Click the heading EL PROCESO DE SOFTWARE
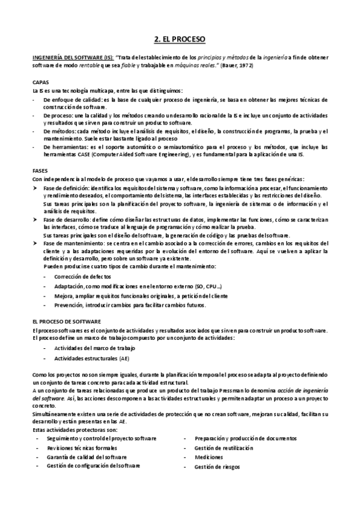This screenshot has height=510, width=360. click(x=67, y=322)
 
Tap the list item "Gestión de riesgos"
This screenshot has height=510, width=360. click(x=217, y=466)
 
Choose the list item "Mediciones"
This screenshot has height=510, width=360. click(x=208, y=457)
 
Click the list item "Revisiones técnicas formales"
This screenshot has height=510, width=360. click(x=82, y=448)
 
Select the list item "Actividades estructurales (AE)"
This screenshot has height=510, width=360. click(x=91, y=358)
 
